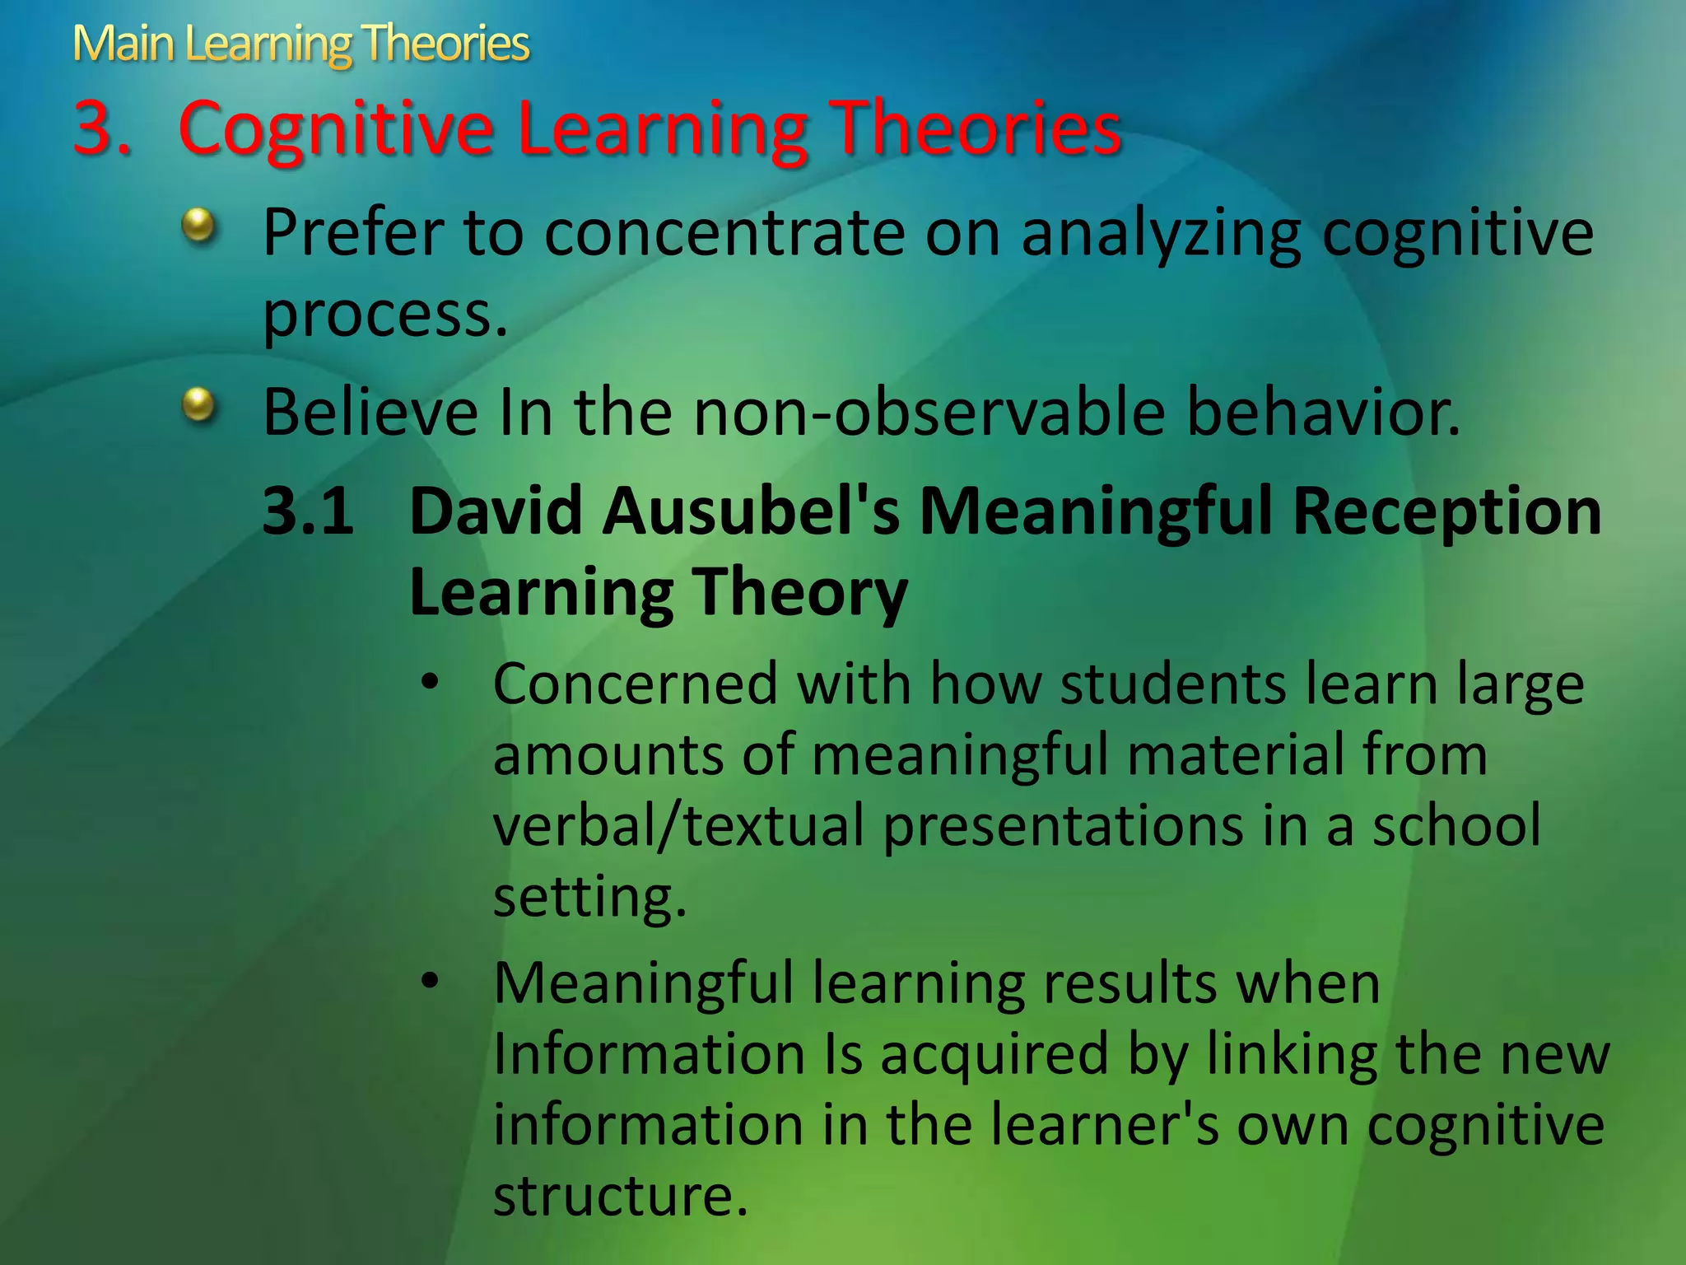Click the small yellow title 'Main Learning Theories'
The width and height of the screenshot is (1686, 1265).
coord(300,44)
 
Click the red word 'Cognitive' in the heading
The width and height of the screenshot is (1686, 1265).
coord(336,129)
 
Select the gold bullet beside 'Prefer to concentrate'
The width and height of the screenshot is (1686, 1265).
coord(198,225)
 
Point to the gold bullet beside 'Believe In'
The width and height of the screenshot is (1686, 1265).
coord(198,404)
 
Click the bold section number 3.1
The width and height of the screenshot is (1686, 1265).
coord(308,511)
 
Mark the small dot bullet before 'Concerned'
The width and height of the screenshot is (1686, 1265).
coord(430,683)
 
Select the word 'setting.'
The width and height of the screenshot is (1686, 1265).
coord(589,897)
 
